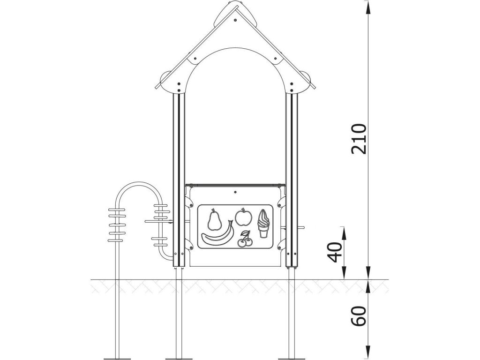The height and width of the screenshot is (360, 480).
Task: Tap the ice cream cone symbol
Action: click(x=264, y=224)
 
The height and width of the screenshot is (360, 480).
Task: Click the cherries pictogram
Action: click(x=245, y=240)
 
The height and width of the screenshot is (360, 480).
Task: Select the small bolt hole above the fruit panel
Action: click(x=235, y=192)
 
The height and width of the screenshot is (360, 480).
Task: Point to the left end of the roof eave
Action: click(x=157, y=87)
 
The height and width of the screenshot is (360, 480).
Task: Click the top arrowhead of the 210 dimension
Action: click(x=368, y=6)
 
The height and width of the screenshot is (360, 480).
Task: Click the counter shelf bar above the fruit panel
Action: click(x=235, y=185)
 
